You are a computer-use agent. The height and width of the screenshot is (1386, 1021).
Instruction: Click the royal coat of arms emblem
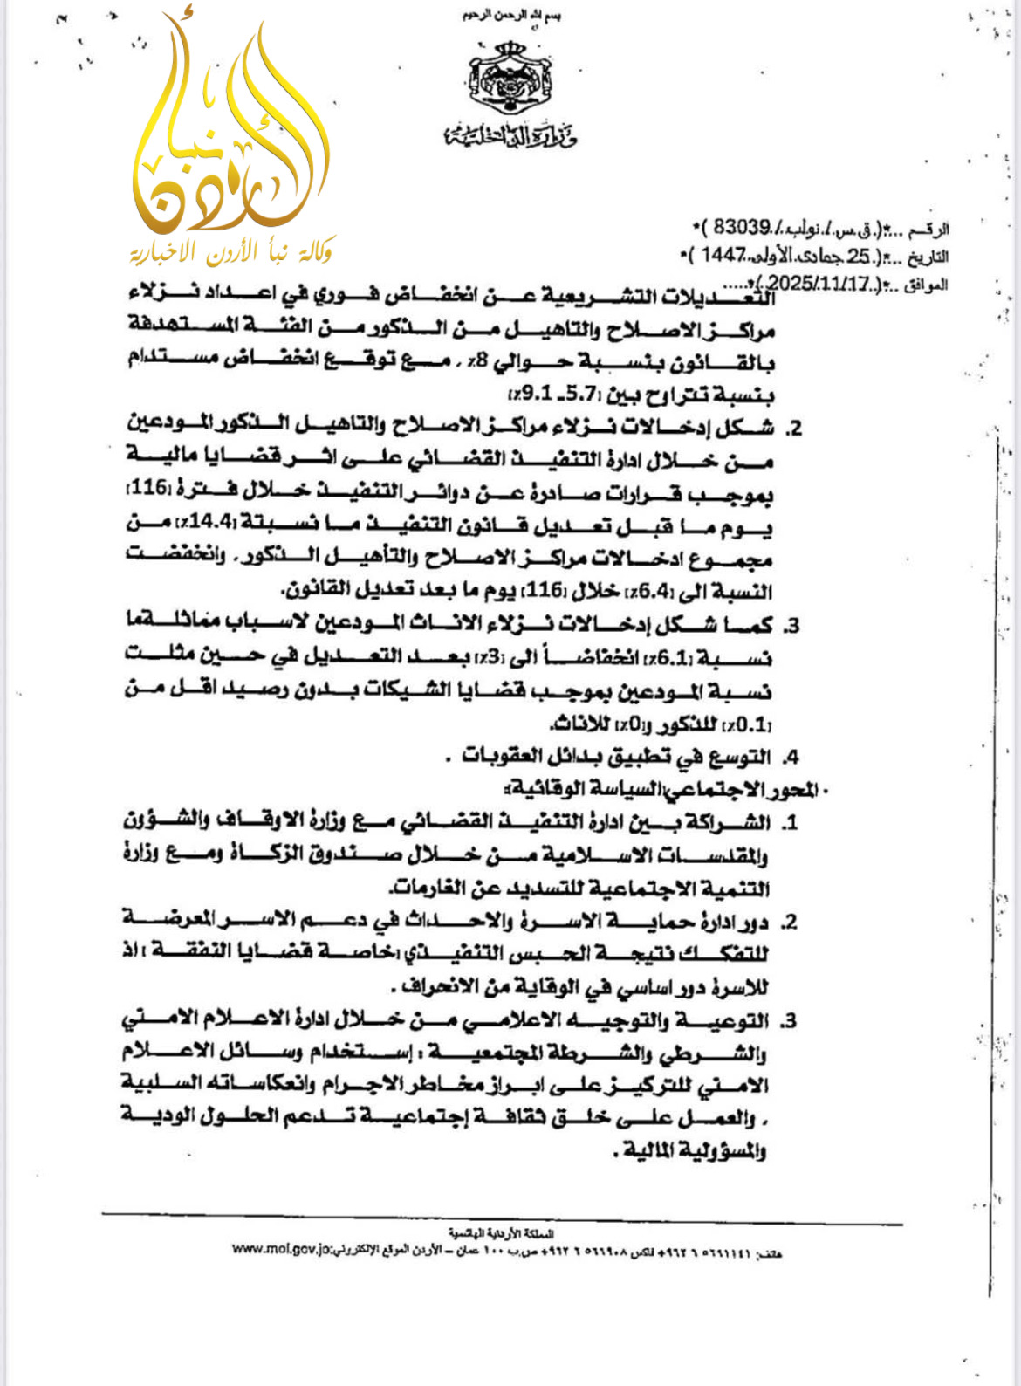510,79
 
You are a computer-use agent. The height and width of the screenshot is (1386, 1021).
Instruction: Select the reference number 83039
741,227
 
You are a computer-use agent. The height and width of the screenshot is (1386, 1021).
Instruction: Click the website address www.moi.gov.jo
281,1249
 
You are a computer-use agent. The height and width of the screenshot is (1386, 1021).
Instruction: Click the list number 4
791,758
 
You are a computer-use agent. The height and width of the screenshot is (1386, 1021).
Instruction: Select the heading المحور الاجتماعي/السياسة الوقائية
664,790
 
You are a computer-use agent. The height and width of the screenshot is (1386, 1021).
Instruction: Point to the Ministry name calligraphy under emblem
511,136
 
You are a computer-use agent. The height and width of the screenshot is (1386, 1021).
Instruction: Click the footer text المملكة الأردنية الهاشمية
501,1233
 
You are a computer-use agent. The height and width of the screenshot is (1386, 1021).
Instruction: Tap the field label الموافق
926,285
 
